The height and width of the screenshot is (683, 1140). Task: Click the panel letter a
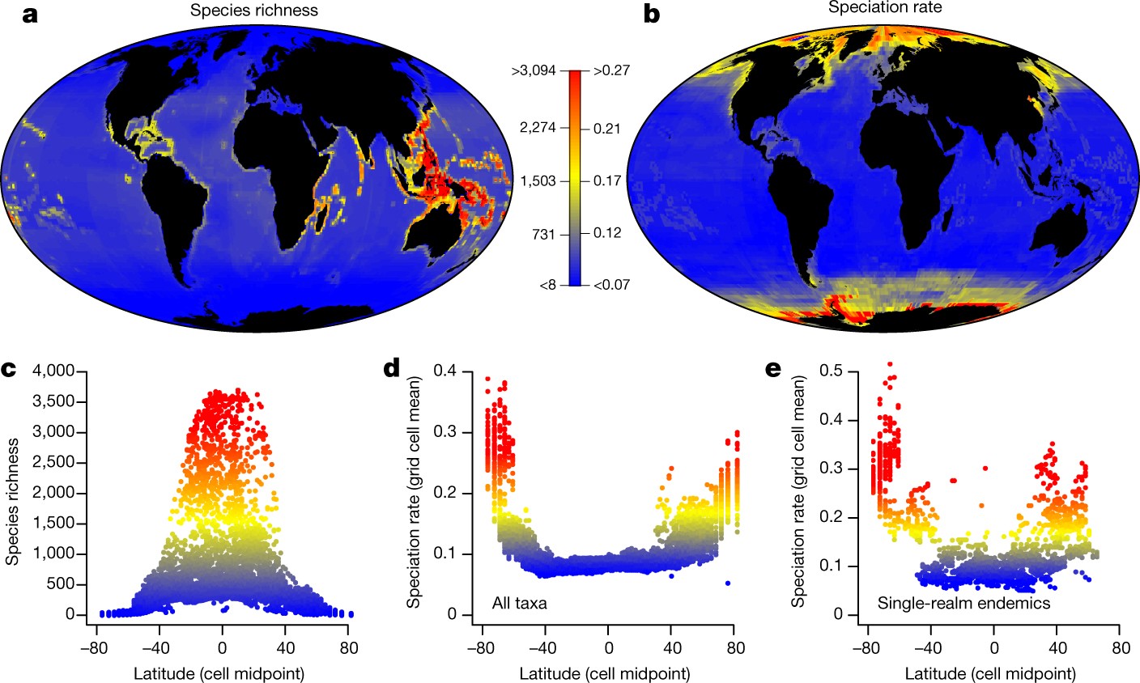point(30,15)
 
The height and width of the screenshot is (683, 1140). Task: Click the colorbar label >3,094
point(534,71)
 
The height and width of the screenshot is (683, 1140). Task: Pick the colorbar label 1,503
point(538,180)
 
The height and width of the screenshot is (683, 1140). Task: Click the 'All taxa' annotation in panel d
point(519,602)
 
